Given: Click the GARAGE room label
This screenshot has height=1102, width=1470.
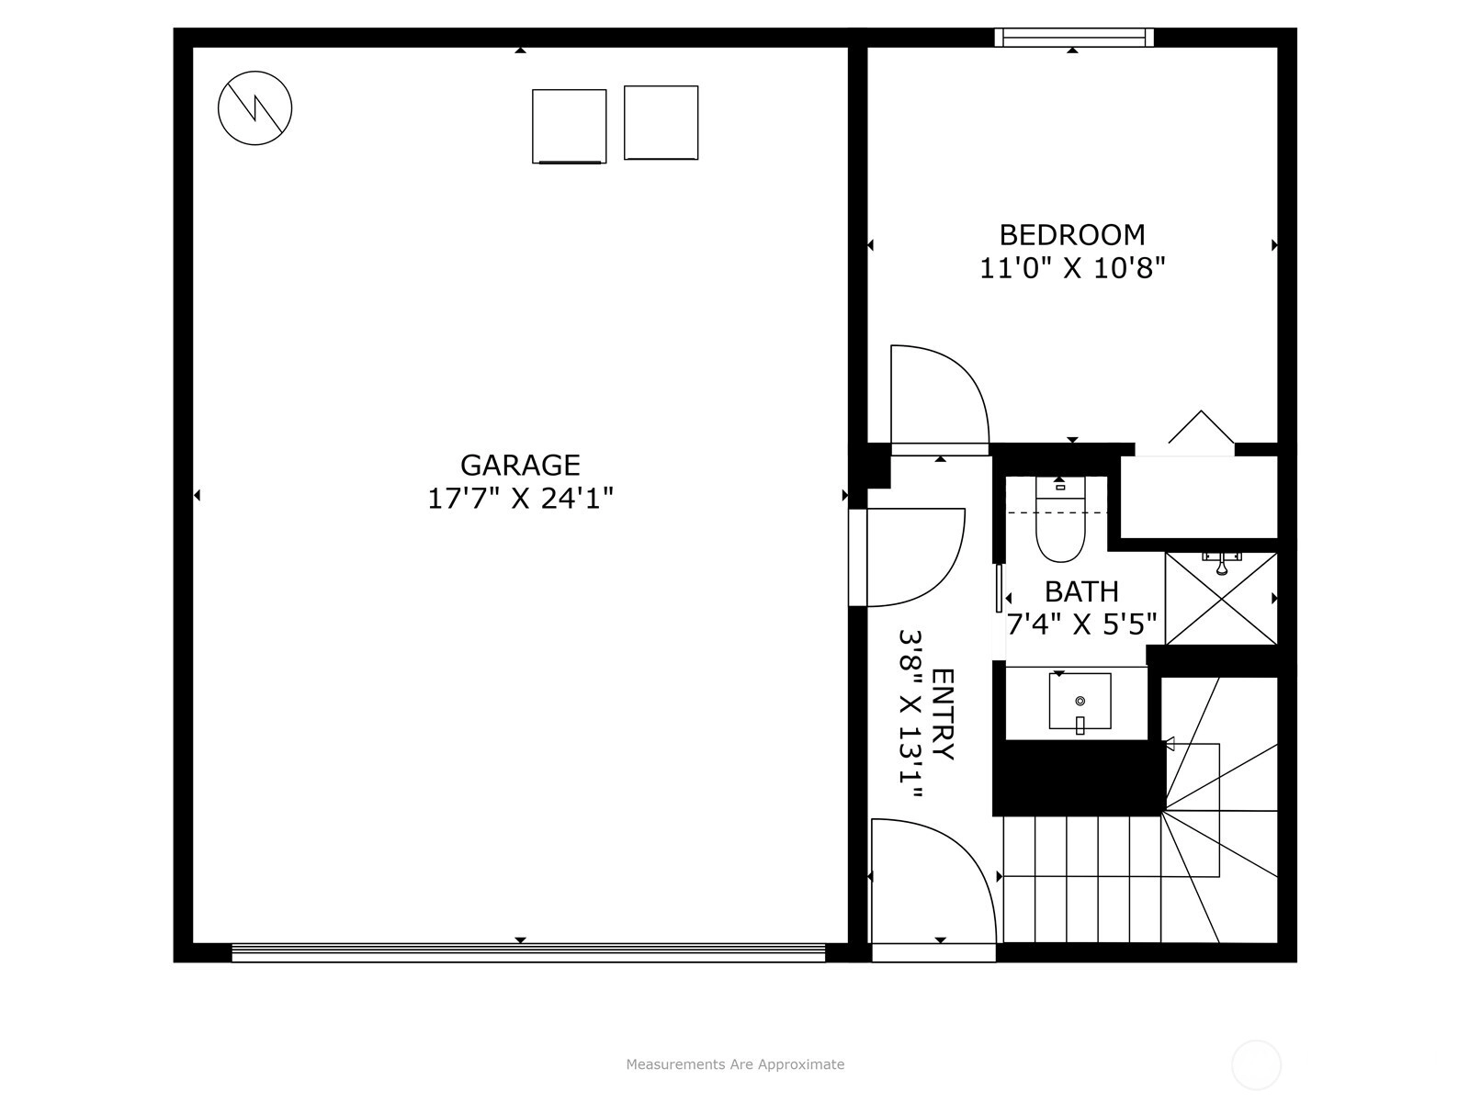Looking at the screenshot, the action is (x=520, y=465).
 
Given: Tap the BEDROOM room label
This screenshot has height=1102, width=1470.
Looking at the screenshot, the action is (x=1072, y=235).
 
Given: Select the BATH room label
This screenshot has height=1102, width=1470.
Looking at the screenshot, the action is (x=1081, y=591).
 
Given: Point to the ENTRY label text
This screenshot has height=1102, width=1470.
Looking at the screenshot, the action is (x=943, y=714).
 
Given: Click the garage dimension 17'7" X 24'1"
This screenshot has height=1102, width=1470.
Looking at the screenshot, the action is (x=520, y=499).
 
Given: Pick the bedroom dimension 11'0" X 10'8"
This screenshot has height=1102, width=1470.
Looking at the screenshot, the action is (x=1072, y=269).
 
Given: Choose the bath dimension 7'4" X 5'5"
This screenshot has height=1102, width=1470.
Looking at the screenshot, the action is (x=1081, y=625).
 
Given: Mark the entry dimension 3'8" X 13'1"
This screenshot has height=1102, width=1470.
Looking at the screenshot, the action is (x=910, y=714).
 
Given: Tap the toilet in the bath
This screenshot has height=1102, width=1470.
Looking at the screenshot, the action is (x=1059, y=519).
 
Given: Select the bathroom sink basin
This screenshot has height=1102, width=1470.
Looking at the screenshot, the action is (x=1080, y=702).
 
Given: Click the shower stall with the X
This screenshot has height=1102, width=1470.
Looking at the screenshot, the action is (x=1221, y=599).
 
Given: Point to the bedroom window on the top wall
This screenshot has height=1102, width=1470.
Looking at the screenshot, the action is (x=1073, y=37).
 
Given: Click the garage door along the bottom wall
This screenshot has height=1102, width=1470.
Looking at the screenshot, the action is (x=528, y=952).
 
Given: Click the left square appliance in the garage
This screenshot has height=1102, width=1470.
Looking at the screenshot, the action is (x=570, y=127).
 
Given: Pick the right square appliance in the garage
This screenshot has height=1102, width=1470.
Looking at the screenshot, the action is (x=661, y=122).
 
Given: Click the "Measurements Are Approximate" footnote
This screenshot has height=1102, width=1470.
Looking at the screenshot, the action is (x=735, y=1063).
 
